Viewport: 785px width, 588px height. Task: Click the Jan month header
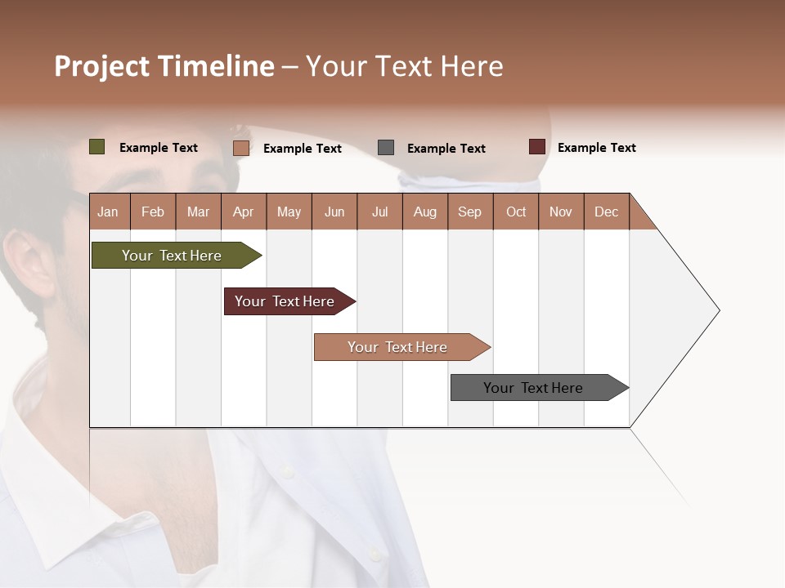(x=108, y=212)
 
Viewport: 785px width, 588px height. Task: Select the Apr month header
(x=243, y=212)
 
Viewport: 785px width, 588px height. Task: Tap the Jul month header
(x=379, y=212)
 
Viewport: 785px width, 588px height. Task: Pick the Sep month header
(x=469, y=212)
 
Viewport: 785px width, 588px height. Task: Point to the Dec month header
(x=606, y=212)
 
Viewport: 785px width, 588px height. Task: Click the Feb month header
(x=153, y=212)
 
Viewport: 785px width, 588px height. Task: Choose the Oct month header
(x=516, y=212)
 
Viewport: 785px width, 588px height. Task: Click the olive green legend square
(x=97, y=147)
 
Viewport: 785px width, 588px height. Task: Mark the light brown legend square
(x=241, y=148)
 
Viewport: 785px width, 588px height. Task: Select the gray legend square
(x=386, y=148)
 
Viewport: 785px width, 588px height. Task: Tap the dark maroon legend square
(x=537, y=147)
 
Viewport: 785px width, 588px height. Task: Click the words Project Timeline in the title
(x=164, y=66)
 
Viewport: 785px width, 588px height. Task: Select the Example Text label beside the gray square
(x=446, y=149)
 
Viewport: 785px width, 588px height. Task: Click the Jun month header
(x=334, y=212)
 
